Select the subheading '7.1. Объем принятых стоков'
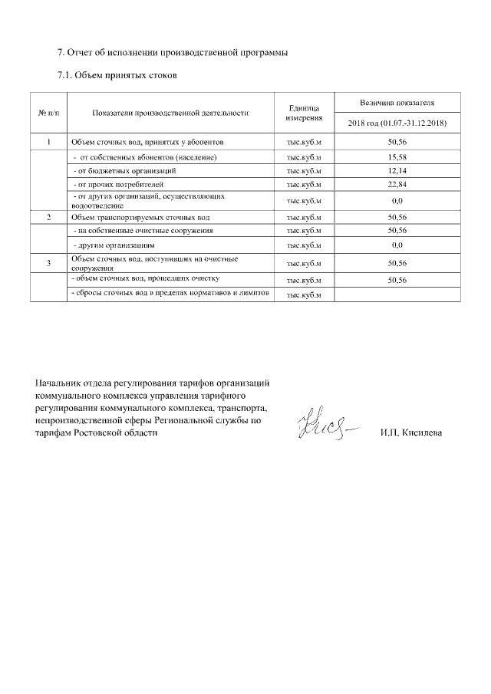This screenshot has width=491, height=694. coord(117,77)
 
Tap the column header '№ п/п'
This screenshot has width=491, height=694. coord(48,113)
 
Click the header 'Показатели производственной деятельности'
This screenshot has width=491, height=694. coord(170,113)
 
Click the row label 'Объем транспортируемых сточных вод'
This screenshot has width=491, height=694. coord(140,218)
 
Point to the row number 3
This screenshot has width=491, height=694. coord(48,264)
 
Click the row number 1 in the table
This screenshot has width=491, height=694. coord(48,143)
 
